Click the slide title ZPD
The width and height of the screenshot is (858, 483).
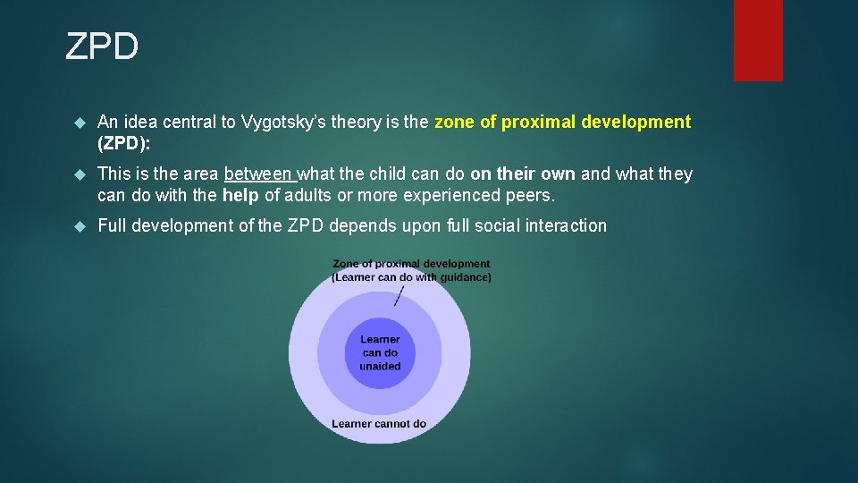(x=102, y=47)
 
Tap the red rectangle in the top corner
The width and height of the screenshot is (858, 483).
(x=758, y=40)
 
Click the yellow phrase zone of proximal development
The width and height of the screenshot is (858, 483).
(x=562, y=122)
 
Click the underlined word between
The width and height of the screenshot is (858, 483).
(x=260, y=174)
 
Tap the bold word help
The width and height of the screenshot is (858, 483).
(x=240, y=195)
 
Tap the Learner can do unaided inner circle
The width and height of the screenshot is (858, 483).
(x=380, y=352)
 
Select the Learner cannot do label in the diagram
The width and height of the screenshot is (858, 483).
(x=379, y=424)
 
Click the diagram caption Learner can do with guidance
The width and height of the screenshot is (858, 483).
(x=411, y=277)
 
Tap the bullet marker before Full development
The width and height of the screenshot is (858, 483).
(x=79, y=226)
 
